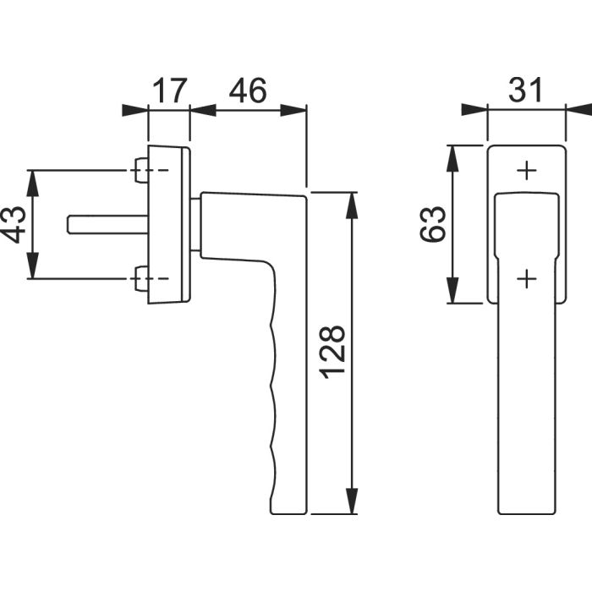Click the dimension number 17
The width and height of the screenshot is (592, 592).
point(169,90)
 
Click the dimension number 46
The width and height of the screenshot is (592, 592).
point(247,90)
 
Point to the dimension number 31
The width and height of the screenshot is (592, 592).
point(525,90)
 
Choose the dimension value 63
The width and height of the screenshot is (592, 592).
point(433,224)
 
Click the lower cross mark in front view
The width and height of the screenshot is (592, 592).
point(526,277)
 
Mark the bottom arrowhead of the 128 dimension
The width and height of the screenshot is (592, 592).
point(353,504)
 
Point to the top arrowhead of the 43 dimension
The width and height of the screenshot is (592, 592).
point(32,179)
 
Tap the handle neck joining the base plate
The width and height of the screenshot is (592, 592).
point(196,224)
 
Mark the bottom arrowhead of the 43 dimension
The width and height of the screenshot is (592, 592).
point(32,270)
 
